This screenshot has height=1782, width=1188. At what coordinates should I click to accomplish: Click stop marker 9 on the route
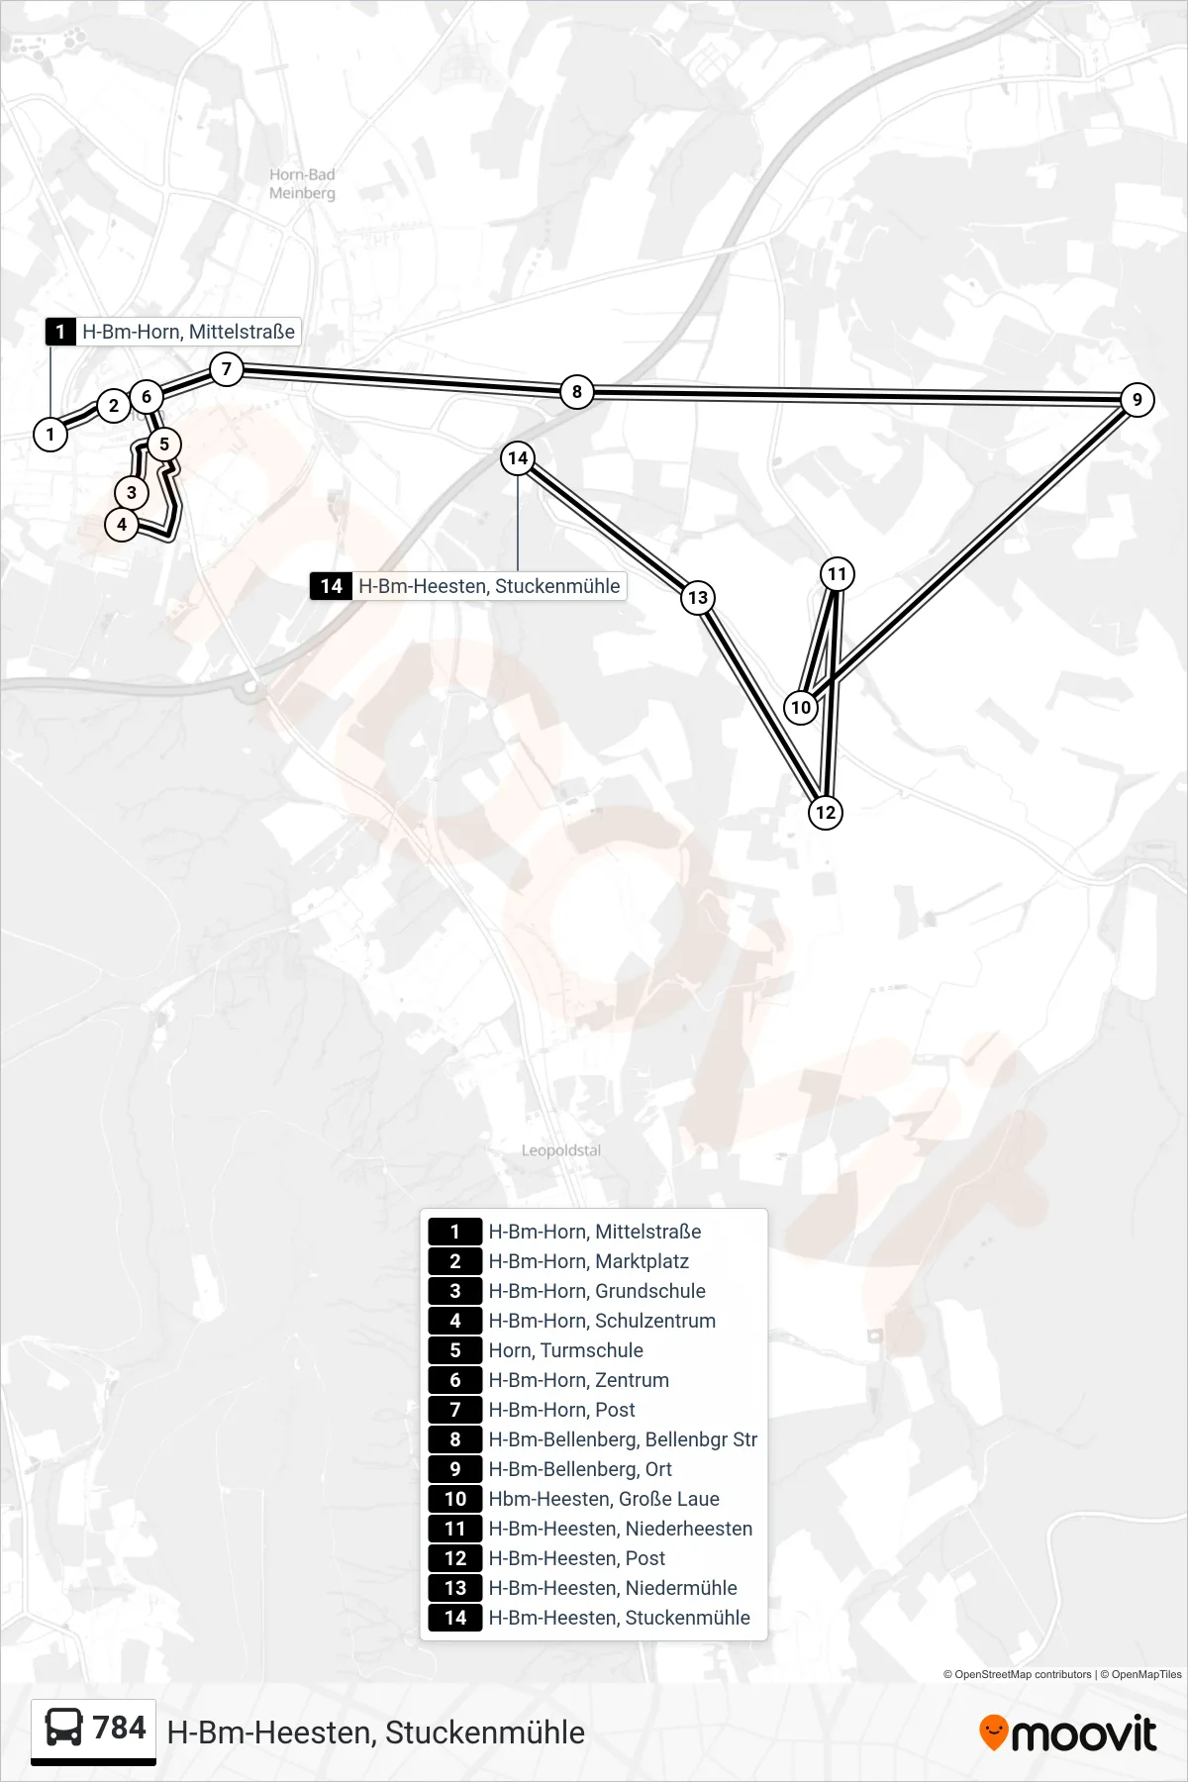[1138, 400]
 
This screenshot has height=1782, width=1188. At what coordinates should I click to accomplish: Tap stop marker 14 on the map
[518, 457]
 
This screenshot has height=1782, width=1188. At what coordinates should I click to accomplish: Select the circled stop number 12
[825, 813]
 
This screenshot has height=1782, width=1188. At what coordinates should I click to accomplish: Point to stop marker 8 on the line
[577, 391]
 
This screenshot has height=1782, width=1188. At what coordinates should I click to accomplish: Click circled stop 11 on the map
[838, 574]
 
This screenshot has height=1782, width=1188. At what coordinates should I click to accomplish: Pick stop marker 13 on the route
[698, 597]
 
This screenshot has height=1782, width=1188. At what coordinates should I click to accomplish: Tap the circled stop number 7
[227, 369]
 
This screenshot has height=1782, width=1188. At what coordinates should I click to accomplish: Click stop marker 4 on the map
[122, 525]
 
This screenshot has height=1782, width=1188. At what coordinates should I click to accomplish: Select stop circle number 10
[801, 707]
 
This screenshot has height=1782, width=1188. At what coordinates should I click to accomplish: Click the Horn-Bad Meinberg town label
[302, 184]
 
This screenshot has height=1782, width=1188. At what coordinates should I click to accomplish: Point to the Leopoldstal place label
[561, 1150]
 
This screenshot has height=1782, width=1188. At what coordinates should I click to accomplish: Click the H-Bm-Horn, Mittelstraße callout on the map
[172, 332]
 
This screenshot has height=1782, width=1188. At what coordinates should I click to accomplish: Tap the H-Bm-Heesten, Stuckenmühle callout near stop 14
[468, 586]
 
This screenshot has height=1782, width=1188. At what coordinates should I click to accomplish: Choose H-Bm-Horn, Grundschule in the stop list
[597, 1291]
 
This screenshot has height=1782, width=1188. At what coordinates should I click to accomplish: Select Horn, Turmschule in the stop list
[565, 1350]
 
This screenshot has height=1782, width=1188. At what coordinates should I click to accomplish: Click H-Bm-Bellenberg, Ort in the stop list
[580, 1469]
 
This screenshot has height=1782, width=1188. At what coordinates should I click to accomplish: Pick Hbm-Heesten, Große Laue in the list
[604, 1499]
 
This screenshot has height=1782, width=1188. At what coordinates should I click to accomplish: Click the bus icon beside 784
[64, 1729]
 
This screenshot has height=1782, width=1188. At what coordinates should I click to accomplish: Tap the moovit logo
[1067, 1732]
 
